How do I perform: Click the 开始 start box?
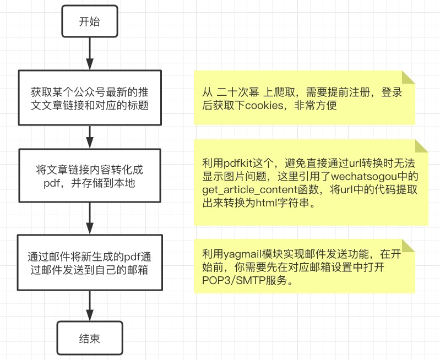[89, 22]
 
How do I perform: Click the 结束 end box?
[89, 338]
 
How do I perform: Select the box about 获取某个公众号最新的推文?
[89, 97]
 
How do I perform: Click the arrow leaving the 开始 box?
[89, 53]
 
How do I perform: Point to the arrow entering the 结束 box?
[89, 306]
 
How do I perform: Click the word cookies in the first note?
[264, 105]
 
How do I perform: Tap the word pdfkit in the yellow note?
[239, 163]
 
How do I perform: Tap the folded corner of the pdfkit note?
[421, 146]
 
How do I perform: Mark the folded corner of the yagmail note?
[408, 246]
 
